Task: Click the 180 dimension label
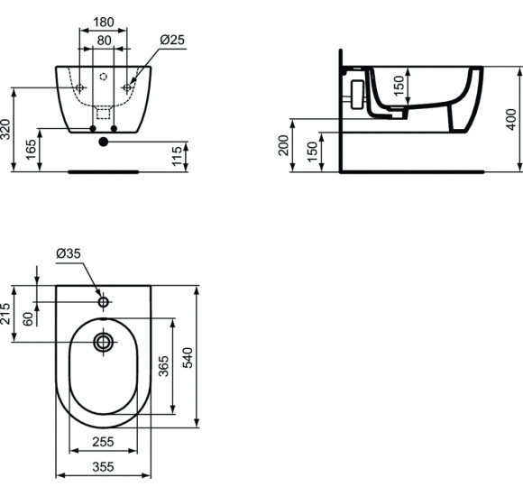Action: pyautogui.click(x=105, y=21)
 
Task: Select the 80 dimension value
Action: pyautogui.click(x=105, y=41)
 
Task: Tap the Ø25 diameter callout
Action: pyautogui.click(x=172, y=41)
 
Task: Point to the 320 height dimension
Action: pyautogui.click(x=7, y=128)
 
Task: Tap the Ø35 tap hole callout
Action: pyautogui.click(x=69, y=255)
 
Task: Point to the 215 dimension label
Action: pyautogui.click(x=6, y=313)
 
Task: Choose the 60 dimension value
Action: pyautogui.click(x=28, y=317)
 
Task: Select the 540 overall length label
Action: pyautogui.click(x=188, y=357)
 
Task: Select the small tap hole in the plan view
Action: pyautogui.click(x=104, y=301)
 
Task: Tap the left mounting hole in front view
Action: pyautogui.click(x=80, y=87)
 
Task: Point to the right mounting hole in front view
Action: pyautogui.click(x=127, y=87)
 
